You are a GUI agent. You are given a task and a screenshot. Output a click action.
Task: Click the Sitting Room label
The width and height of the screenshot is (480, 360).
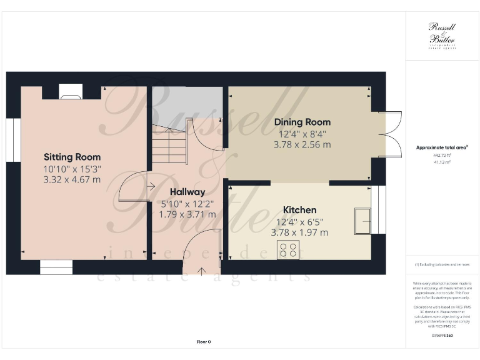(72, 157)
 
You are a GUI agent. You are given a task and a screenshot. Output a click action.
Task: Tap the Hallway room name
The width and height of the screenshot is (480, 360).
(186, 192)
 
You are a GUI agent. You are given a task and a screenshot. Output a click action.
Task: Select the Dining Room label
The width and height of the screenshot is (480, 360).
(302, 122)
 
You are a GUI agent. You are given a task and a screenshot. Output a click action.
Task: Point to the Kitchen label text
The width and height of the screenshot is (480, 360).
(300, 210)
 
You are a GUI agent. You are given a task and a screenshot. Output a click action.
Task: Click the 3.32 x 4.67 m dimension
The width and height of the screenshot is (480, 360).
(72, 179)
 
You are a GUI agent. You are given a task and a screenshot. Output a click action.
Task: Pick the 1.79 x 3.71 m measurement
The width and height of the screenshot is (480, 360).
(187, 214)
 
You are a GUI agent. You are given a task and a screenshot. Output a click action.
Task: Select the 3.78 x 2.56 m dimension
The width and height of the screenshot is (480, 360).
(302, 144)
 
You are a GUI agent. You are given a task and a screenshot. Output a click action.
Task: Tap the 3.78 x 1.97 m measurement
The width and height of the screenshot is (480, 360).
(300, 232)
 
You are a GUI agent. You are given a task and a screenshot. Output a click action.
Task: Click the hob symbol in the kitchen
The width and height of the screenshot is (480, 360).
(288, 250)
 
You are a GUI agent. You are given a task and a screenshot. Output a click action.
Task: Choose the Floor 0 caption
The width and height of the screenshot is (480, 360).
(204, 342)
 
